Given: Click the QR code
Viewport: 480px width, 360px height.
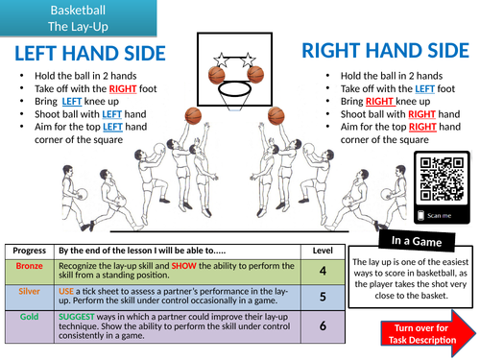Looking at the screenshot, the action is tap(442, 180).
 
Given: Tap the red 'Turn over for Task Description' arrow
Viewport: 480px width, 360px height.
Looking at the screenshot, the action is tap(428, 334).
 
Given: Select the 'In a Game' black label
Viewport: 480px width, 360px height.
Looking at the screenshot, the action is tap(417, 241).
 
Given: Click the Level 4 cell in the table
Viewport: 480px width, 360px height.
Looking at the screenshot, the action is tap(323, 272).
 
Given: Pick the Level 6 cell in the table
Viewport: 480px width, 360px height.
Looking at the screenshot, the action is tap(323, 326).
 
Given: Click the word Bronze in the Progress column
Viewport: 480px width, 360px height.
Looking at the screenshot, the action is tap(29, 266).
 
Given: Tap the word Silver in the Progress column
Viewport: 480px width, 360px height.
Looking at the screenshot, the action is tap(29, 291).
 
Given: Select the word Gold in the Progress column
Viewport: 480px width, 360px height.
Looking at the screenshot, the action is tap(29, 317).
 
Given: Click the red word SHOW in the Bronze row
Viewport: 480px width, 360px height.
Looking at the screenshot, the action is tap(183, 266).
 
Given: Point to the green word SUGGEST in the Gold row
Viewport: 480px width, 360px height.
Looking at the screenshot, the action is tap(77, 317).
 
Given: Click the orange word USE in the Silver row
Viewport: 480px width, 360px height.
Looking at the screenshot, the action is tap(66, 291).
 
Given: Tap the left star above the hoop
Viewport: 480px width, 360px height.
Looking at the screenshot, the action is tap(221, 60).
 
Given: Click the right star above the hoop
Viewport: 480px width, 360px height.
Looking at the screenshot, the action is tap(248, 60).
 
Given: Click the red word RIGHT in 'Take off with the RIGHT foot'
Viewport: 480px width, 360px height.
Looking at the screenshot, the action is tap(123, 88).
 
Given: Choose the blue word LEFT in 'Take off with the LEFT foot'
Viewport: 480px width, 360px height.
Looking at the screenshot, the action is tap(424, 88).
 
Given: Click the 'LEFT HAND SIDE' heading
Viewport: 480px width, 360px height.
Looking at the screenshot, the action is tap(90, 53).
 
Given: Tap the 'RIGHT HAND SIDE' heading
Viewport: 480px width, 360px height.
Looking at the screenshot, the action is tap(385, 51).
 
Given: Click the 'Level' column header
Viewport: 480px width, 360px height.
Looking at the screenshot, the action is tap(323, 251).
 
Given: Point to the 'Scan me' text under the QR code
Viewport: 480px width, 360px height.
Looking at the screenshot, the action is tap(439, 216).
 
